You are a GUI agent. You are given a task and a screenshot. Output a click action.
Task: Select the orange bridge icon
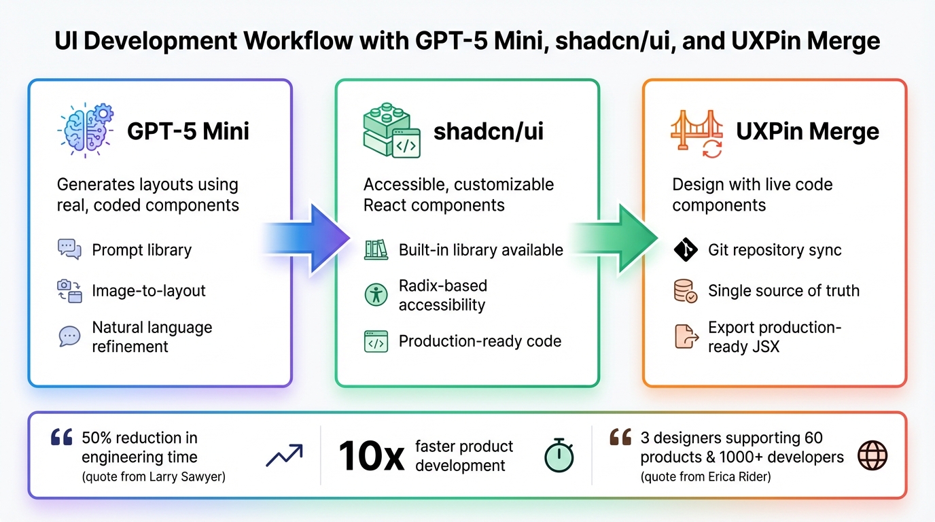click(x=696, y=132)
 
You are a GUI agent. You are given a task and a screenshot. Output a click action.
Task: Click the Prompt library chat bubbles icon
click(x=69, y=249)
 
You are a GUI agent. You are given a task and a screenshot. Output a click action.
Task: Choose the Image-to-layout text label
click(x=149, y=291)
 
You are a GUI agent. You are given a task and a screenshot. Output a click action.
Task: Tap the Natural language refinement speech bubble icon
click(x=69, y=336)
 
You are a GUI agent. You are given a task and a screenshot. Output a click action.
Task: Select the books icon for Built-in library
click(x=376, y=249)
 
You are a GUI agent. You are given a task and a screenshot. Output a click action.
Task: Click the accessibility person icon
click(x=376, y=295)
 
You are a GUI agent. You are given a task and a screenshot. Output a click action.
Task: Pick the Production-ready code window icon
click(x=376, y=341)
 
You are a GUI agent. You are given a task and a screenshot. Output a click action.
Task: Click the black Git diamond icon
click(x=686, y=250)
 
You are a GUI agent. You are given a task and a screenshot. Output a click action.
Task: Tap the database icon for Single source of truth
click(x=686, y=291)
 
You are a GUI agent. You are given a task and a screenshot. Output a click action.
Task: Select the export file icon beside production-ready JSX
click(x=686, y=336)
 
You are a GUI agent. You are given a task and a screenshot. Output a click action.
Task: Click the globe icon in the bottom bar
click(x=872, y=455)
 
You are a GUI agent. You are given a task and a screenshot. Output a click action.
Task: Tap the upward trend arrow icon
click(x=284, y=455)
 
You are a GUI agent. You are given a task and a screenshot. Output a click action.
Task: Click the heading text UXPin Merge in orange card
click(x=807, y=131)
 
